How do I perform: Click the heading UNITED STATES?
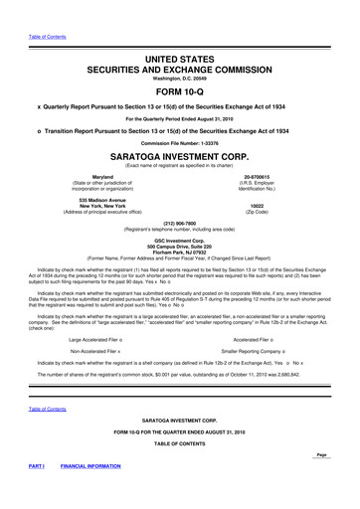tap(179, 33)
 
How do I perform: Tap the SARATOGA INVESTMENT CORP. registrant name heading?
tap(179, 157)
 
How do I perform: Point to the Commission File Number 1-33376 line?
tap(179, 141)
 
